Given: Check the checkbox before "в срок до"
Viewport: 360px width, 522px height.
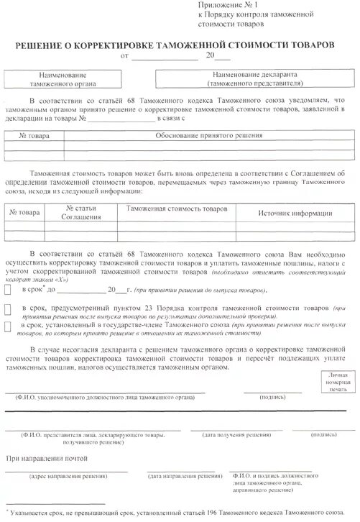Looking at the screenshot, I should (7, 290).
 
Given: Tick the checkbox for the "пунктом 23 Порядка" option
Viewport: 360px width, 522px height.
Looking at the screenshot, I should (7, 309).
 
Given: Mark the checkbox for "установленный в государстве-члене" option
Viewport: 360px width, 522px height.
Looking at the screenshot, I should (7, 326).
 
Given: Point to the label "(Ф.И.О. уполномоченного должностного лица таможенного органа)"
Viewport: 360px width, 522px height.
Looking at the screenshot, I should (101, 396).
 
